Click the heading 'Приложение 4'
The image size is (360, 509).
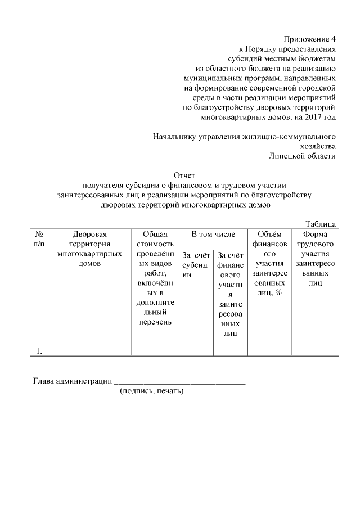[309, 39]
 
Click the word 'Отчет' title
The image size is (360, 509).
[184, 176]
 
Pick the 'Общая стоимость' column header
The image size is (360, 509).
[155, 238]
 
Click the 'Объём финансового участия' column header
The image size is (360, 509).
[269, 264]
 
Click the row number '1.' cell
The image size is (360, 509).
[39, 352]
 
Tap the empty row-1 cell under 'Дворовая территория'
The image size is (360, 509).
[90, 352]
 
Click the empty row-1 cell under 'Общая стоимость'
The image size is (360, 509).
[155, 352]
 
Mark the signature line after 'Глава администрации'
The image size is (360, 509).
[179, 382]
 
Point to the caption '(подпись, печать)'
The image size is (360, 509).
[152, 391]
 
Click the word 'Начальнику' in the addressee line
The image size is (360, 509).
[174, 136]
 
